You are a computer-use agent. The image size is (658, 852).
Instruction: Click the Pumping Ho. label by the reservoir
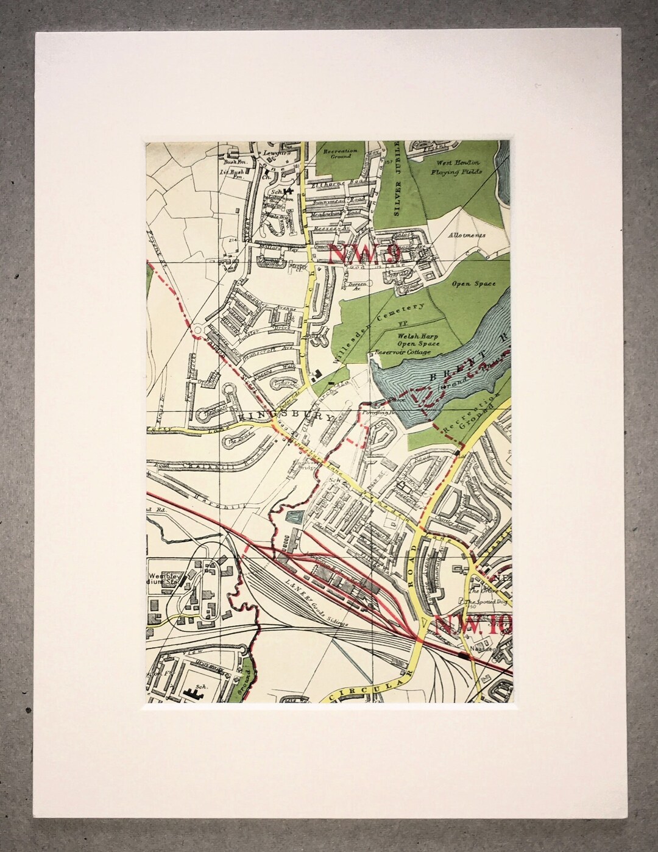tap(376, 411)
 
